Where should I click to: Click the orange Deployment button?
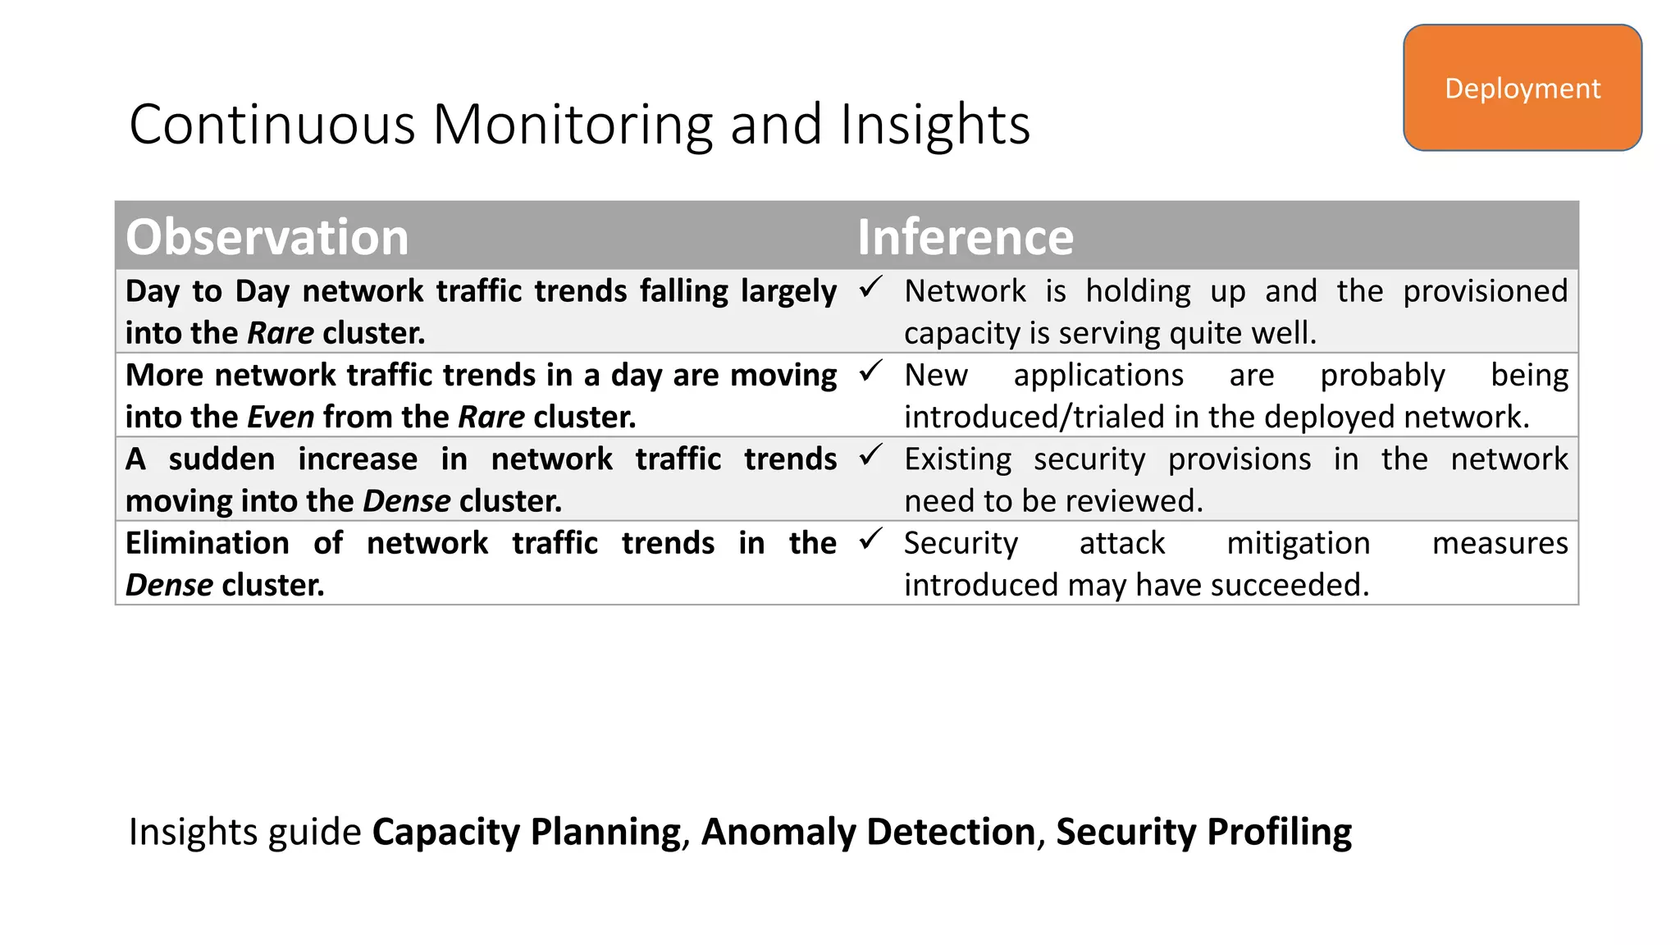point(1522,88)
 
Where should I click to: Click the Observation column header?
point(267,237)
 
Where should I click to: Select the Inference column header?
point(965,237)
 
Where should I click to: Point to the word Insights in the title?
point(934,125)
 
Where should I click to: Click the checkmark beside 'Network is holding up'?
point(870,287)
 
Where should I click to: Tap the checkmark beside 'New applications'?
point(870,372)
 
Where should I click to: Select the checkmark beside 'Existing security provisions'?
point(870,455)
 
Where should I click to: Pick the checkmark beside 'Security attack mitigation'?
point(870,539)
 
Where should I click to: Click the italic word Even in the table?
point(281,417)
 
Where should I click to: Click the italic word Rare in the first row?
point(281,333)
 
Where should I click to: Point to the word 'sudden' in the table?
point(221,459)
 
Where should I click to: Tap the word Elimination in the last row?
point(207,543)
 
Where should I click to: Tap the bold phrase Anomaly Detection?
point(868,832)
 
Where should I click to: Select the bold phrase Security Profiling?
point(1203,832)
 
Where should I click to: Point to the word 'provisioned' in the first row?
point(1485,291)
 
